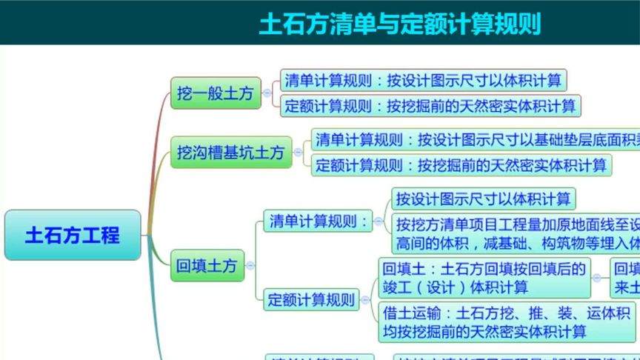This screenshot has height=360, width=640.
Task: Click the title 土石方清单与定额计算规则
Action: [400, 24]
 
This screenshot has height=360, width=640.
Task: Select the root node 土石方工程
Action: [73, 236]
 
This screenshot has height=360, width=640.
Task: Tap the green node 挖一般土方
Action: [216, 93]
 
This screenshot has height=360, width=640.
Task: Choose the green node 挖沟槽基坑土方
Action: [230, 153]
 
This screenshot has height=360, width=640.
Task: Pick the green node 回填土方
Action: [207, 265]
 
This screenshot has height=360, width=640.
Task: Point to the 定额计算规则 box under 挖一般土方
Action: [430, 105]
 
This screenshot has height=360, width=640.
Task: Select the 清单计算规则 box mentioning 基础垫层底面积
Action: [474, 139]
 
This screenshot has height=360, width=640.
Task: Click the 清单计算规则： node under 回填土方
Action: [318, 221]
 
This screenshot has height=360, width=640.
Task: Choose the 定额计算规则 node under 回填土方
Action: [312, 300]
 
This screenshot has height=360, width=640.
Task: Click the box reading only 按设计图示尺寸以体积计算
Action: [483, 199]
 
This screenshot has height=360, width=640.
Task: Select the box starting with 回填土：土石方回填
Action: [484, 277]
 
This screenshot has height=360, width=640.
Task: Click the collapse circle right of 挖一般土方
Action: [267, 93]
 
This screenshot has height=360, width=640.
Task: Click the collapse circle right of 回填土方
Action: [250, 265]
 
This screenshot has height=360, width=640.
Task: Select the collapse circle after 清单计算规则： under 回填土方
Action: [379, 221]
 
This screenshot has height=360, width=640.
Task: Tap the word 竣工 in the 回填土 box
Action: [399, 287]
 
